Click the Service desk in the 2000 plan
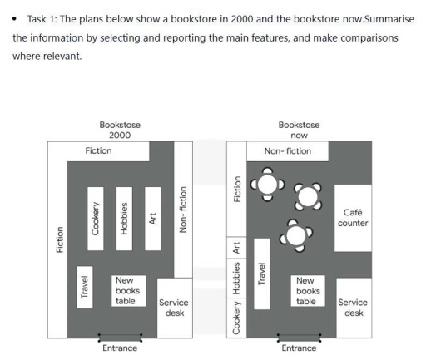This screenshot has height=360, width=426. (x=175, y=308)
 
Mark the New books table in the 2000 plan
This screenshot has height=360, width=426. (x=127, y=291)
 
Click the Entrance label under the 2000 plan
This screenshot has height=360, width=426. (x=120, y=348)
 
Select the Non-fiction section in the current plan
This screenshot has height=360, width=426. (x=288, y=152)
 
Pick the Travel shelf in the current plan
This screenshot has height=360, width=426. (x=261, y=273)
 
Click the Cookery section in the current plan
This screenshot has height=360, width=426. (x=237, y=318)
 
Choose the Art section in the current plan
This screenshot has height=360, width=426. (x=237, y=247)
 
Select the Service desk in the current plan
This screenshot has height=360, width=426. (x=354, y=308)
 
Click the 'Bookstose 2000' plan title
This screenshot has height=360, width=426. (x=120, y=130)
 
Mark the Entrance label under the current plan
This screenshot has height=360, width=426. (x=300, y=348)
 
